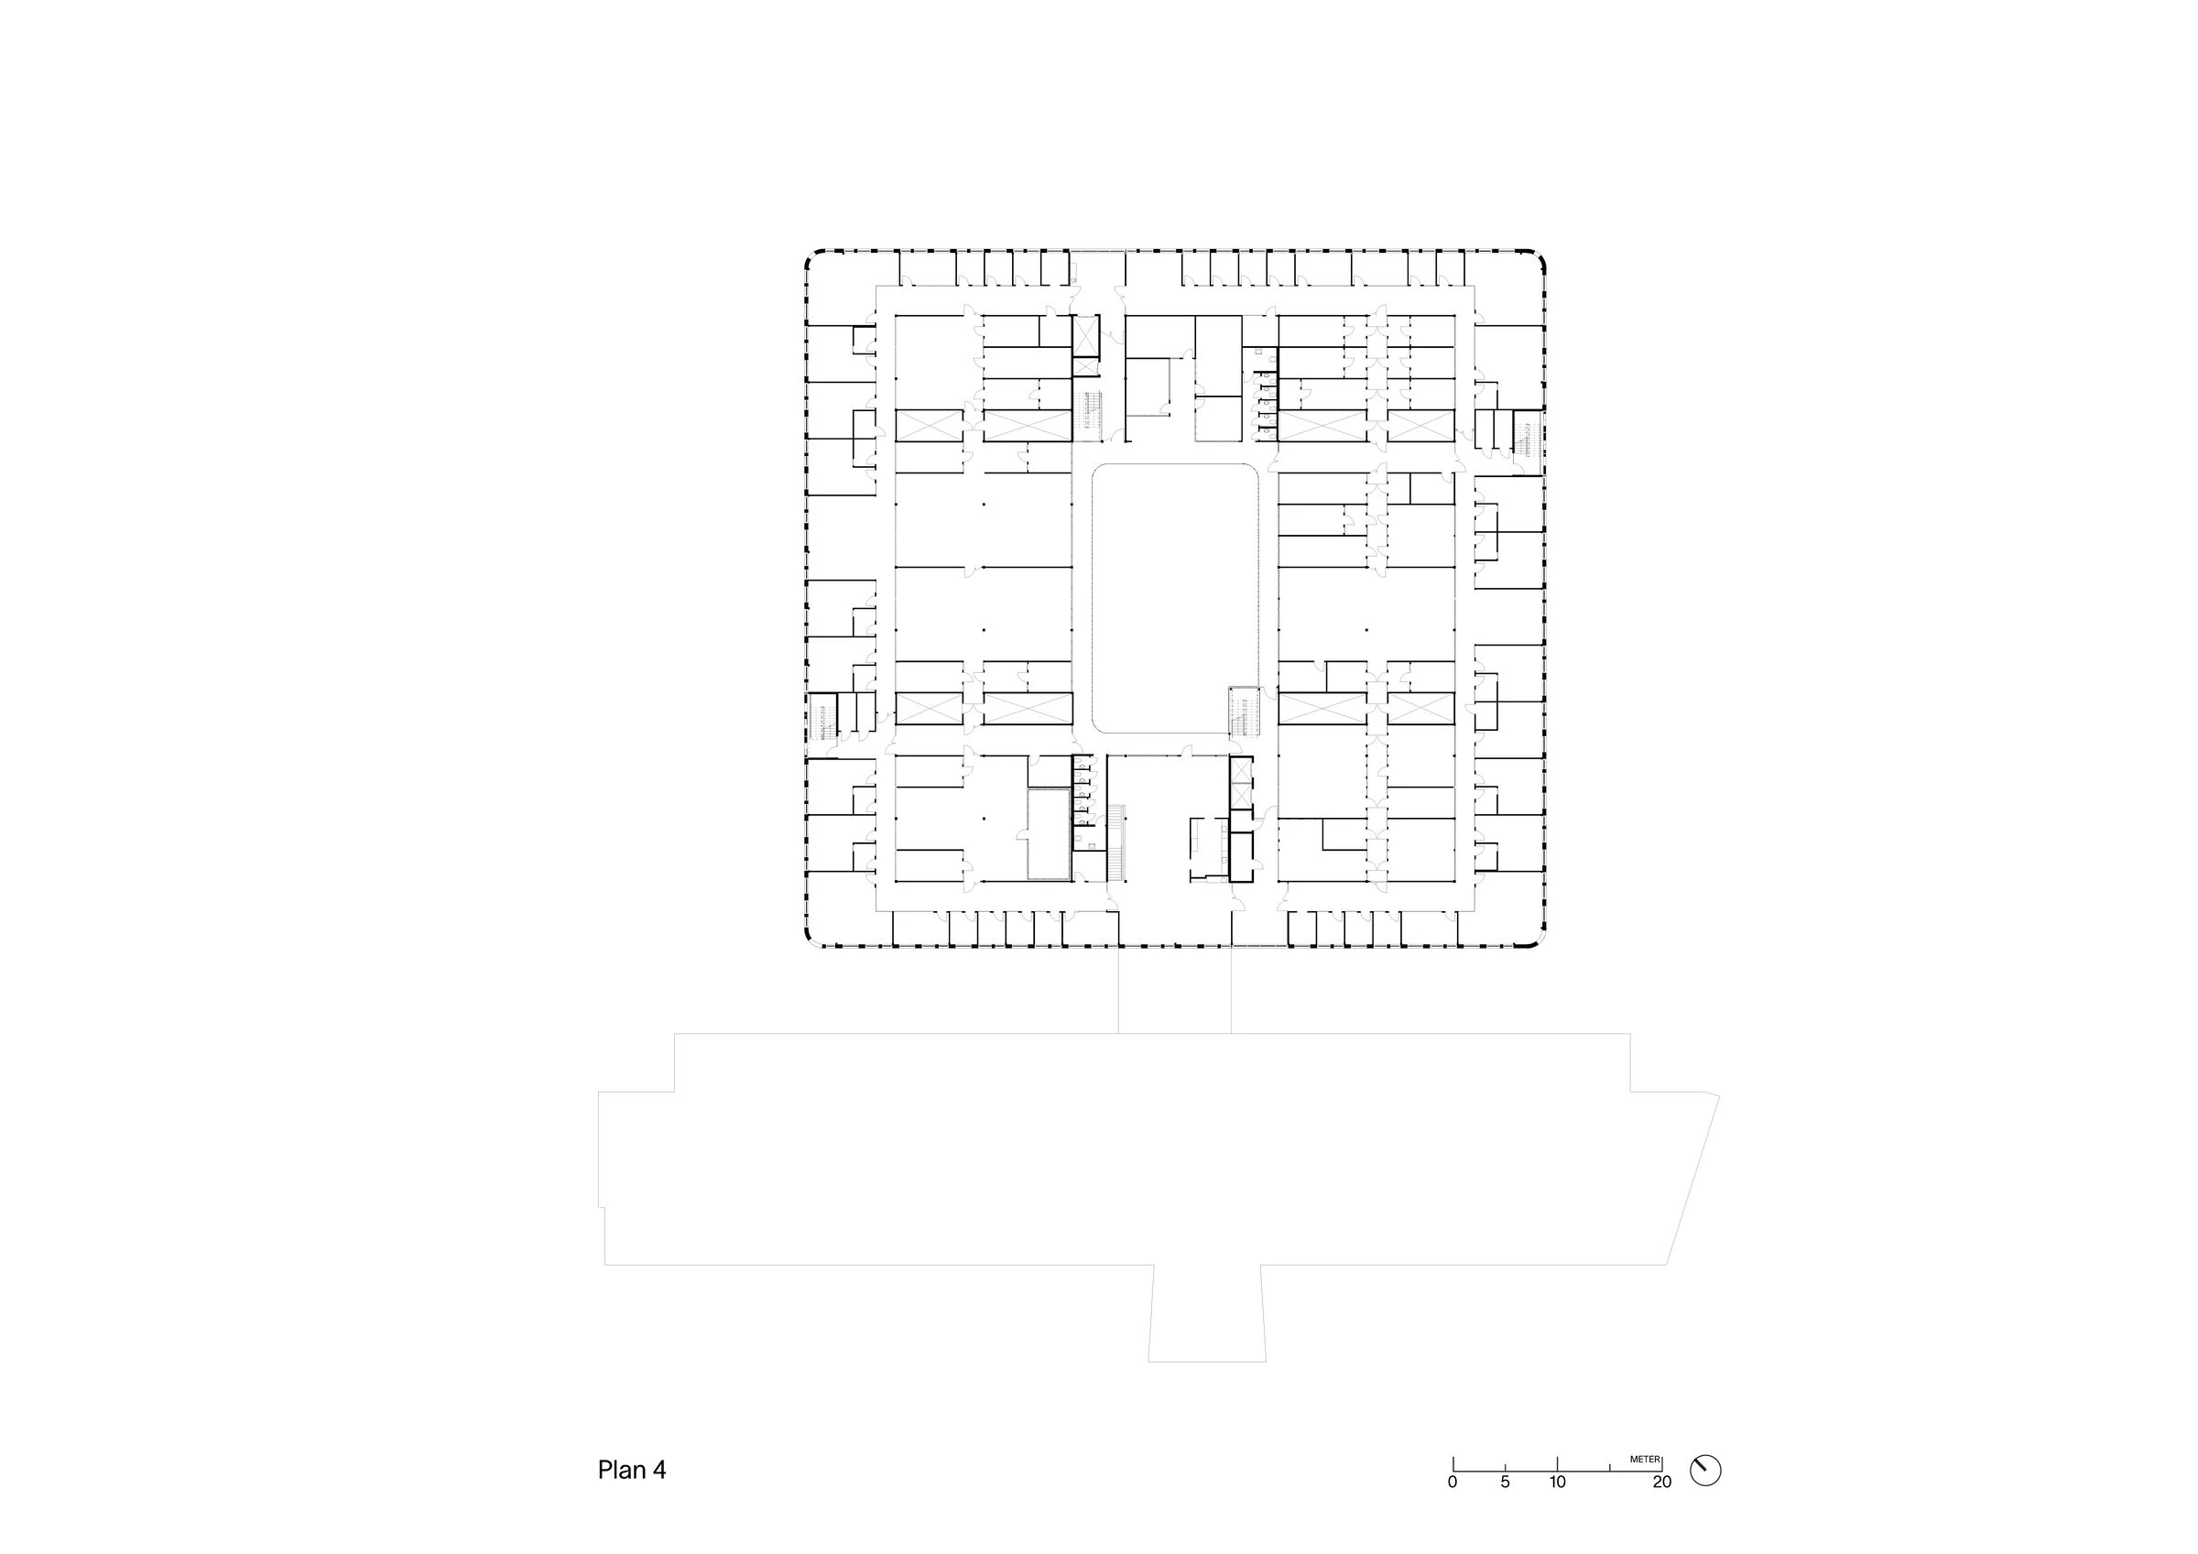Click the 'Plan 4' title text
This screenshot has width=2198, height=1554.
631,1470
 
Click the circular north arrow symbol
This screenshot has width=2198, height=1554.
1705,1470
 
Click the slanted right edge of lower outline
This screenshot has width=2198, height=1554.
1692,1179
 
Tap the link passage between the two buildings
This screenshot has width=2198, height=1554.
1175,990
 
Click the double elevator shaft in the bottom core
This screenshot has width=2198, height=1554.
1241,782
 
